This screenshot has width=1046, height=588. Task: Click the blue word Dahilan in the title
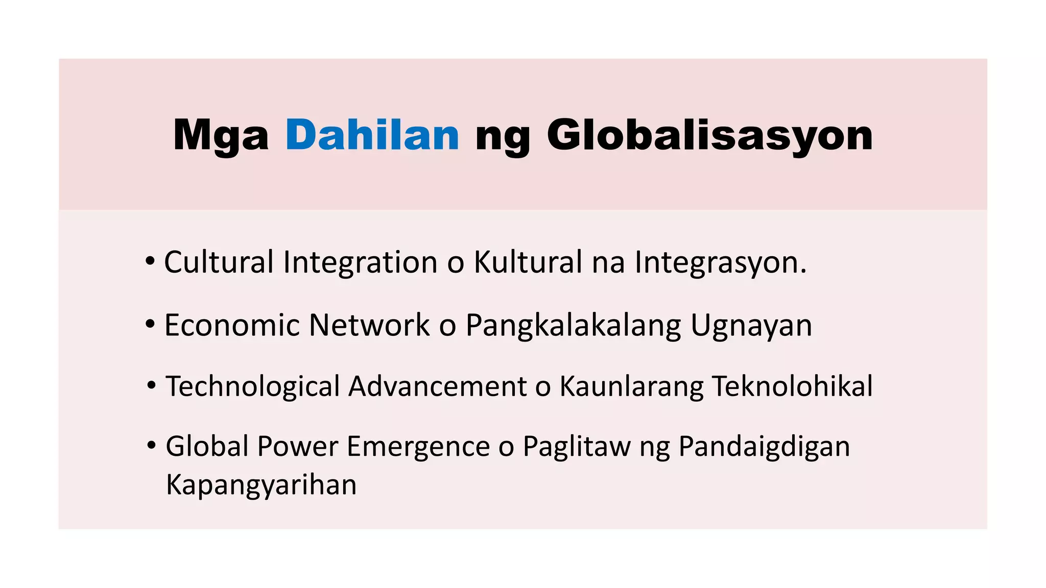point(372,135)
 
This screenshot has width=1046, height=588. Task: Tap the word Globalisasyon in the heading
point(709,135)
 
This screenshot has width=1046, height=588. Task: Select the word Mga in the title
point(221,135)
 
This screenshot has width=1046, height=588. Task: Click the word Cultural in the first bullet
point(219,262)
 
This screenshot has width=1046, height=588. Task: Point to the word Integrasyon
point(720,262)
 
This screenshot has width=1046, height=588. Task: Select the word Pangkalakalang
point(573,325)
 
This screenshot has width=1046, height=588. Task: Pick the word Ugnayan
point(751,325)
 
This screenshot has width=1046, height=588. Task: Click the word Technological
point(253,386)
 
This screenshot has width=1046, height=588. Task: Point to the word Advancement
point(438,386)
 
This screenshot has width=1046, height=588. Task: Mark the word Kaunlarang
point(631,386)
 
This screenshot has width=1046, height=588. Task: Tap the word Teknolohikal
point(792,386)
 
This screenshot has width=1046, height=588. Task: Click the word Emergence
point(418,447)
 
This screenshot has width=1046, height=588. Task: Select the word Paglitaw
point(577,447)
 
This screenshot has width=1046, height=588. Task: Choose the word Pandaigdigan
point(764,447)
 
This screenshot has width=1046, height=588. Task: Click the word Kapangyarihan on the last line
point(261,484)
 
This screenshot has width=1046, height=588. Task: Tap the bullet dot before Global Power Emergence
point(151,446)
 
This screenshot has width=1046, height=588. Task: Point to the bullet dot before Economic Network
point(150,324)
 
